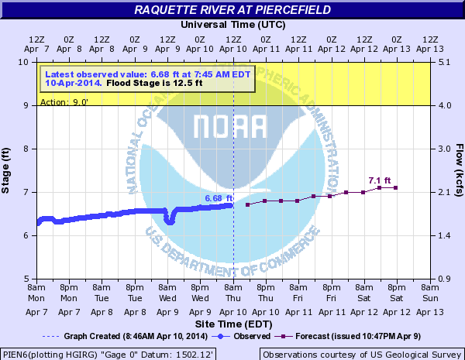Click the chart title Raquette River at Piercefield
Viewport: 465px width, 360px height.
click(232, 10)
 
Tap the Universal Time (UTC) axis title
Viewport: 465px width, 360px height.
click(232, 24)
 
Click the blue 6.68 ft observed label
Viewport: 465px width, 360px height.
click(219, 198)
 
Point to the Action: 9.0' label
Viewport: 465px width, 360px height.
click(60, 101)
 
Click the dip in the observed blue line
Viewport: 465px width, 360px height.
click(170, 221)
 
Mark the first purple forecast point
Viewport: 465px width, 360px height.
click(247, 204)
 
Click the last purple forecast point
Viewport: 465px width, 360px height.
click(396, 188)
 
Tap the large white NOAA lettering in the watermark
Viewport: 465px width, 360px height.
click(232, 126)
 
